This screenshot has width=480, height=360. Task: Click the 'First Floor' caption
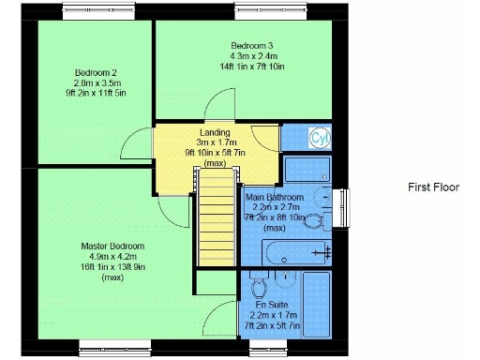point(433,187)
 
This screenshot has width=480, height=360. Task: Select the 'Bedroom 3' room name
point(251,45)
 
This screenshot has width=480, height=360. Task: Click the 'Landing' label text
point(216,132)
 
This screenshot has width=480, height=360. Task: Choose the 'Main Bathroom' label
point(274,198)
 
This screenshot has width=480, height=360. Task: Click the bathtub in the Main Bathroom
point(298,250)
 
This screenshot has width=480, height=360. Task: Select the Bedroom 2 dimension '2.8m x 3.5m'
point(95,82)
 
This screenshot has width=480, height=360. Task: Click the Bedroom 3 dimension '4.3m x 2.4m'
point(251,56)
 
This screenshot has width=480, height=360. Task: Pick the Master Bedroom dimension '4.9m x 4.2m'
point(112,257)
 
